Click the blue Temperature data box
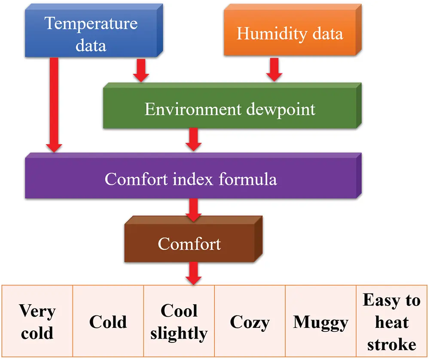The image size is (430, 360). tap(94, 30)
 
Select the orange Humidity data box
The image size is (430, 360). tap(293, 30)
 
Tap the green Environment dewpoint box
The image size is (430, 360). tap(232, 106)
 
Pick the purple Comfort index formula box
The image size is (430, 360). tap(193, 175)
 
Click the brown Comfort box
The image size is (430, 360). tap(194, 239)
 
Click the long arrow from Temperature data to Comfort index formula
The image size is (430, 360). tap(54, 105)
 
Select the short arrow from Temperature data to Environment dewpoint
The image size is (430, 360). tap(141, 70)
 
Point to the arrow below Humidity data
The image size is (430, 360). tap(274, 70)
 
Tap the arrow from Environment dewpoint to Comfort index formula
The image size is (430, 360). tap(193, 139)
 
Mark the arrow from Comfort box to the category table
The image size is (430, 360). tap(193, 273)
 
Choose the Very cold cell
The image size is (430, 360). tap(37, 321)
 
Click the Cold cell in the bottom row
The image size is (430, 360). tap(108, 321)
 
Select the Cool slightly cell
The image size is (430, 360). tap(179, 321)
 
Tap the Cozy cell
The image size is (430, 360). tap(250, 321)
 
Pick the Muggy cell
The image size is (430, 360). tap(321, 321)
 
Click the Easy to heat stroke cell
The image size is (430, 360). tap(392, 321)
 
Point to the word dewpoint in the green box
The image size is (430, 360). tap(281, 110)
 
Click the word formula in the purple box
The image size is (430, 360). tap(248, 179)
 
